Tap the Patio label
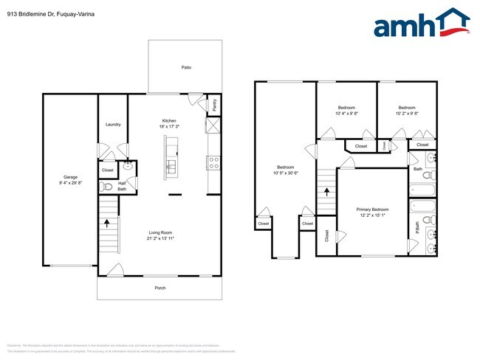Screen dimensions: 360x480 coord(187,67)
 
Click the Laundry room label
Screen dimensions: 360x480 coord(113,125)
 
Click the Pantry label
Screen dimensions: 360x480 coord(215,104)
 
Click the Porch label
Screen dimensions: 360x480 coord(160,288)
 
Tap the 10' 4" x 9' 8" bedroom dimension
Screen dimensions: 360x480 coord(346,114)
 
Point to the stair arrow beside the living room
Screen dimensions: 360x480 coord(108,221)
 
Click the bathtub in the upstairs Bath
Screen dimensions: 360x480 coord(423,187)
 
